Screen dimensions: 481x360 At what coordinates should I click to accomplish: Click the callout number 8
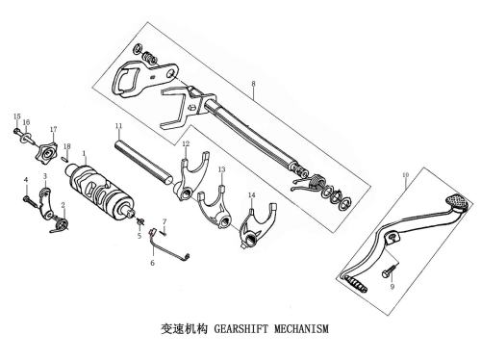253,84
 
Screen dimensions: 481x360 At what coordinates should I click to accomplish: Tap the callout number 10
406,175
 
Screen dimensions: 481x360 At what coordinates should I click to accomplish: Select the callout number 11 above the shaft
119,125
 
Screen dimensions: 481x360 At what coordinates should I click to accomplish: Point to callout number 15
17,116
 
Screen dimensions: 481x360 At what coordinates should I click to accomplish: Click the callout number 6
152,263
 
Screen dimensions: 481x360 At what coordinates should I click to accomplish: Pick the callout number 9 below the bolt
392,286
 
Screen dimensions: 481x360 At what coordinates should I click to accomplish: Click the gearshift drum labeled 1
100,191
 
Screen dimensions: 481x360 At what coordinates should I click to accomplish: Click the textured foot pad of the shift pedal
458,202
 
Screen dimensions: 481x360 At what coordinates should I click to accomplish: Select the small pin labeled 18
64,158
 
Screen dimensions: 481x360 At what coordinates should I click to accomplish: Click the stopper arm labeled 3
45,204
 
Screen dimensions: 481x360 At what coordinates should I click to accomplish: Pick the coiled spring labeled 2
60,224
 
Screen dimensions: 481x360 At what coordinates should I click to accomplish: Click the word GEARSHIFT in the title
240,329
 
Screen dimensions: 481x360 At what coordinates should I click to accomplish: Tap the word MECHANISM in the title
301,329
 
